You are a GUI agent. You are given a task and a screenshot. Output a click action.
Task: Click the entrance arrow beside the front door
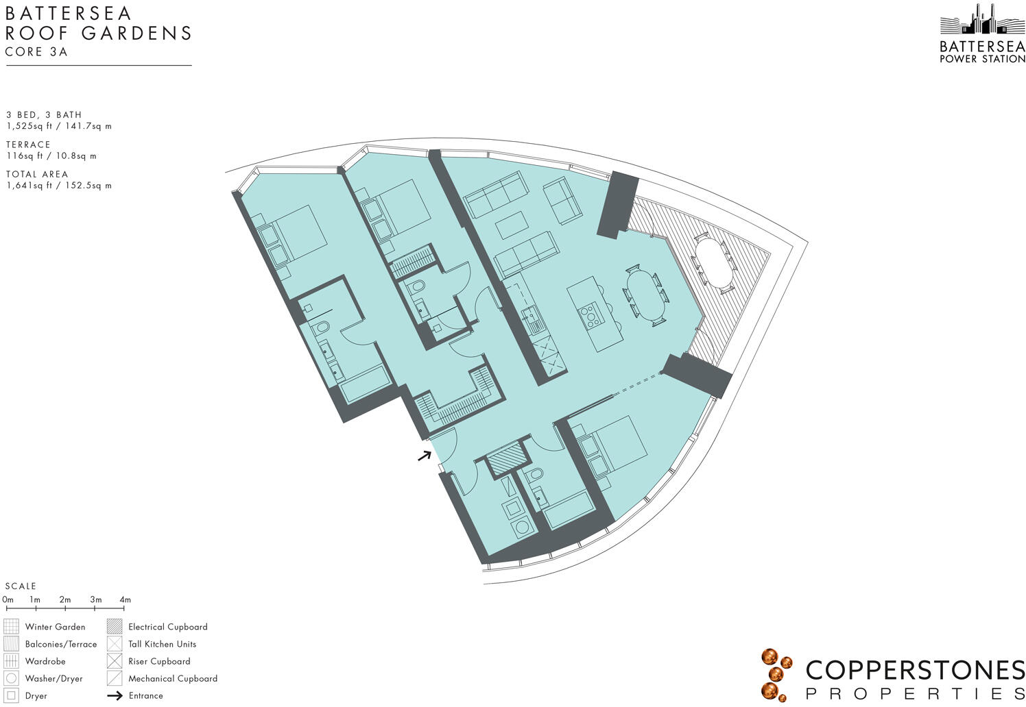(425, 456)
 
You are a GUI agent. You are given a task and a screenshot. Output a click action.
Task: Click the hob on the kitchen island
(588, 313)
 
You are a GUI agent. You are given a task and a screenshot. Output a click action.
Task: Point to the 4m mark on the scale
(124, 600)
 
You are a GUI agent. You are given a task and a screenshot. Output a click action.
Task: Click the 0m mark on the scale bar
(8, 600)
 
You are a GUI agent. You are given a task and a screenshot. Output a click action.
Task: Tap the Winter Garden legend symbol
(11, 626)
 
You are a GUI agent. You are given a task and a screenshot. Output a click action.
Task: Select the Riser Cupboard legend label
(159, 661)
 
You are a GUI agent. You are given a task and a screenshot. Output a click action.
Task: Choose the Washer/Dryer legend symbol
(11, 678)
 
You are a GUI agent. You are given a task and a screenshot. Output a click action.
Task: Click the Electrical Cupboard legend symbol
(115, 626)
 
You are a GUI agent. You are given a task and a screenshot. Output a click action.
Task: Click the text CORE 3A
(36, 52)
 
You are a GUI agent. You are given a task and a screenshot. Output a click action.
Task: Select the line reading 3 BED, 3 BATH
(44, 115)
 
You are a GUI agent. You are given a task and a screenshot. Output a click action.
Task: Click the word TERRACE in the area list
(28, 145)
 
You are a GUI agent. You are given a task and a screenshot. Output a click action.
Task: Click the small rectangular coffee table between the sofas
(512, 225)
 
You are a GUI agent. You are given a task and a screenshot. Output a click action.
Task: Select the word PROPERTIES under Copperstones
(915, 693)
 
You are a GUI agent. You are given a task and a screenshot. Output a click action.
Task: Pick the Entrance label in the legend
(145, 695)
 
